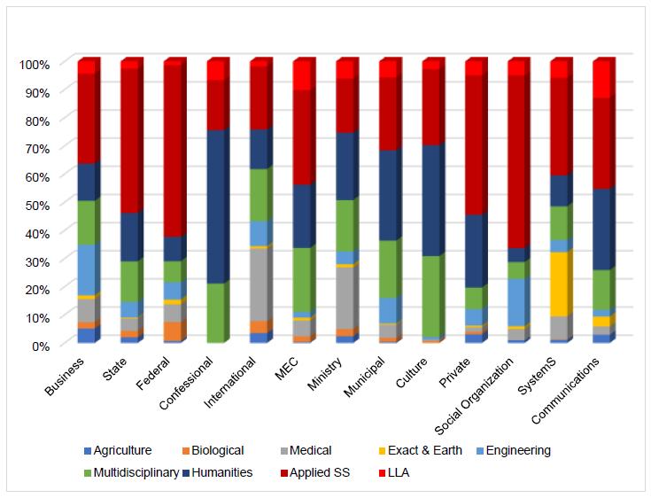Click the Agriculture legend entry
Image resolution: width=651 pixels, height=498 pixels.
(x=116, y=450)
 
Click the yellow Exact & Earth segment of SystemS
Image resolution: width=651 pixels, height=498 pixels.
(x=559, y=284)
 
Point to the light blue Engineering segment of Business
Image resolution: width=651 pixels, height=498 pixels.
(x=87, y=270)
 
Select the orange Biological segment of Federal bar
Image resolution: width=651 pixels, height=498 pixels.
(x=173, y=331)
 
